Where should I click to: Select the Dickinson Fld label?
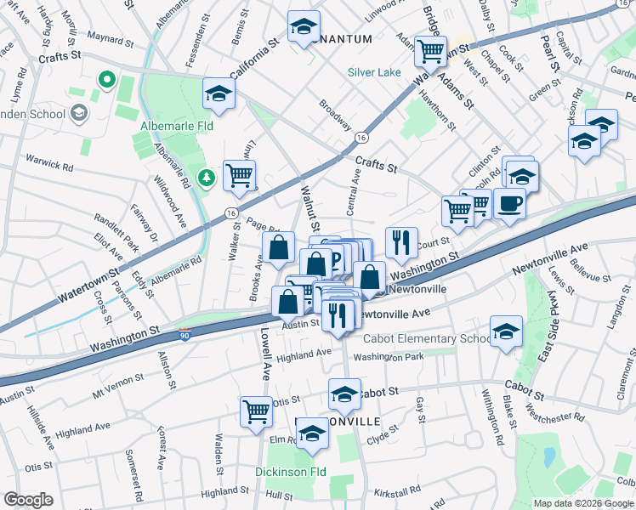[x=292, y=471]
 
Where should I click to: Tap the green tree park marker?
[x=205, y=178]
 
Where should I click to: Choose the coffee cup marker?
[x=510, y=205]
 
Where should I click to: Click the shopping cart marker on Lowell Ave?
[x=256, y=412]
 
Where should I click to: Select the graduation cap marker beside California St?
[x=219, y=93]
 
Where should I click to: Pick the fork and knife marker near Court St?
[x=400, y=241]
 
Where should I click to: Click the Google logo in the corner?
[x=28, y=500]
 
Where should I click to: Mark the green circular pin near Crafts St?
[x=107, y=80]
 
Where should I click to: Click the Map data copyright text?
[x=583, y=503]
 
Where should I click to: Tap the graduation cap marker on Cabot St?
[x=344, y=394]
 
